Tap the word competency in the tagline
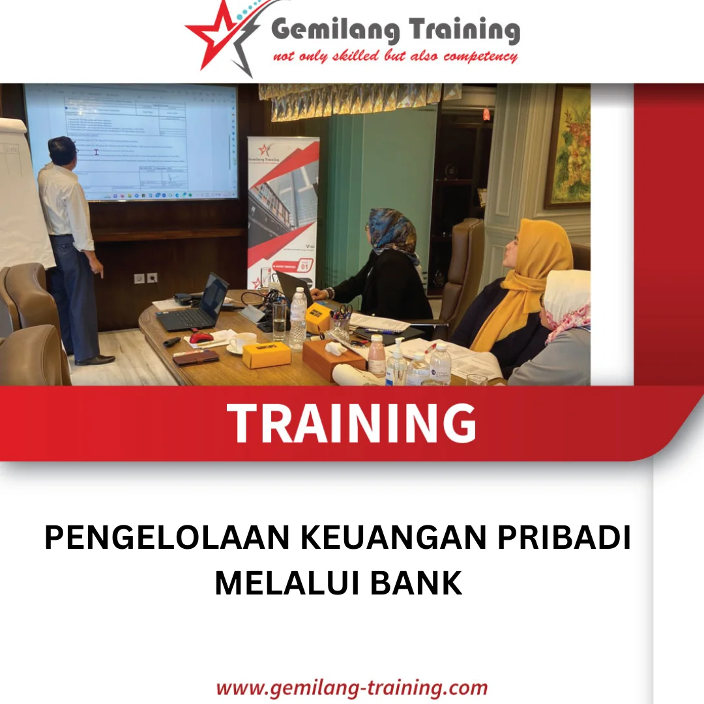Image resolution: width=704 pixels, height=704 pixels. coord(480,56)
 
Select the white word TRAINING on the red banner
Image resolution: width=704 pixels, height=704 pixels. coord(351,423)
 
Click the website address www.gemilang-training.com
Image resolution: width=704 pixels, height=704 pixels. coord(351,687)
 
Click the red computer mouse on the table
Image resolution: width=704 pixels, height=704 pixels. coord(201,338)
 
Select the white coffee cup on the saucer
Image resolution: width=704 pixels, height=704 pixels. coord(243,342)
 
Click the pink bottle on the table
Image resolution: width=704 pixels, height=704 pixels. coord(377,356)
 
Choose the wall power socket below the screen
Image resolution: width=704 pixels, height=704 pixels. coord(145,278)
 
